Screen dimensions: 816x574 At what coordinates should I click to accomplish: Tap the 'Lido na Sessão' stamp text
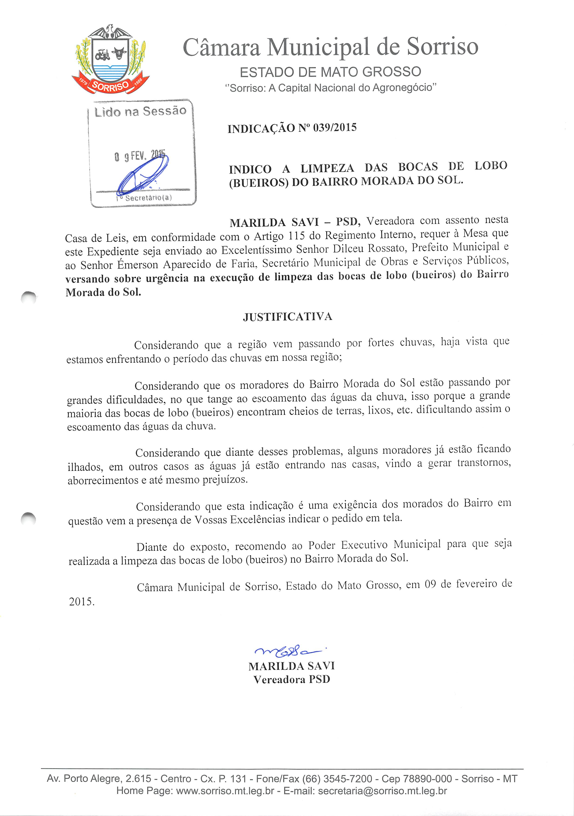[140, 111]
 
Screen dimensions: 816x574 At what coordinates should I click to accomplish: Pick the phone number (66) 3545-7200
[337, 779]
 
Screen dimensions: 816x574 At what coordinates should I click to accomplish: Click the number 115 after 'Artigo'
[297, 236]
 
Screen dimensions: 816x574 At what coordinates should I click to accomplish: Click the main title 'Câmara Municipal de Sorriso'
[330, 47]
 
